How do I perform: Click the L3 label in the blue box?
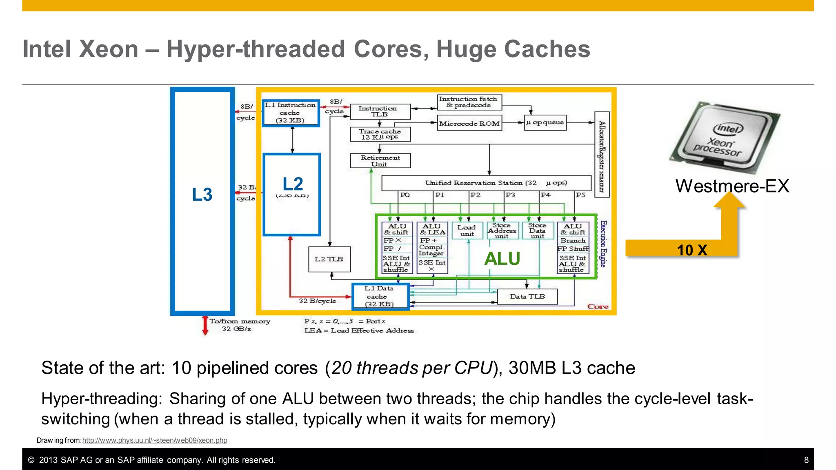point(202,195)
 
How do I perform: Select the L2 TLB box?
point(329,259)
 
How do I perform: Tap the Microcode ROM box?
point(469,123)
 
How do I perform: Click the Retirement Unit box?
point(380,161)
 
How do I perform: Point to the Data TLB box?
point(527,297)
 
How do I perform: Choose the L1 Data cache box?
point(380,297)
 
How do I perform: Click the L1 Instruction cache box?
point(290,113)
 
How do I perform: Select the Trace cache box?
point(380,134)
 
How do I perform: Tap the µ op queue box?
point(545,122)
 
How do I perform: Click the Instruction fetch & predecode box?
point(469,102)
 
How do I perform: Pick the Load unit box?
point(467,231)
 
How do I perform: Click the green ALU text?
point(502,259)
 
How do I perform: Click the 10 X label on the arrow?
point(692,250)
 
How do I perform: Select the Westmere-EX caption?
point(732,186)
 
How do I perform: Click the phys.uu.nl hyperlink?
point(155,440)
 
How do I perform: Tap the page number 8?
point(806,460)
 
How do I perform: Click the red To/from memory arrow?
point(205,326)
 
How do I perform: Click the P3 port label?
point(510,195)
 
